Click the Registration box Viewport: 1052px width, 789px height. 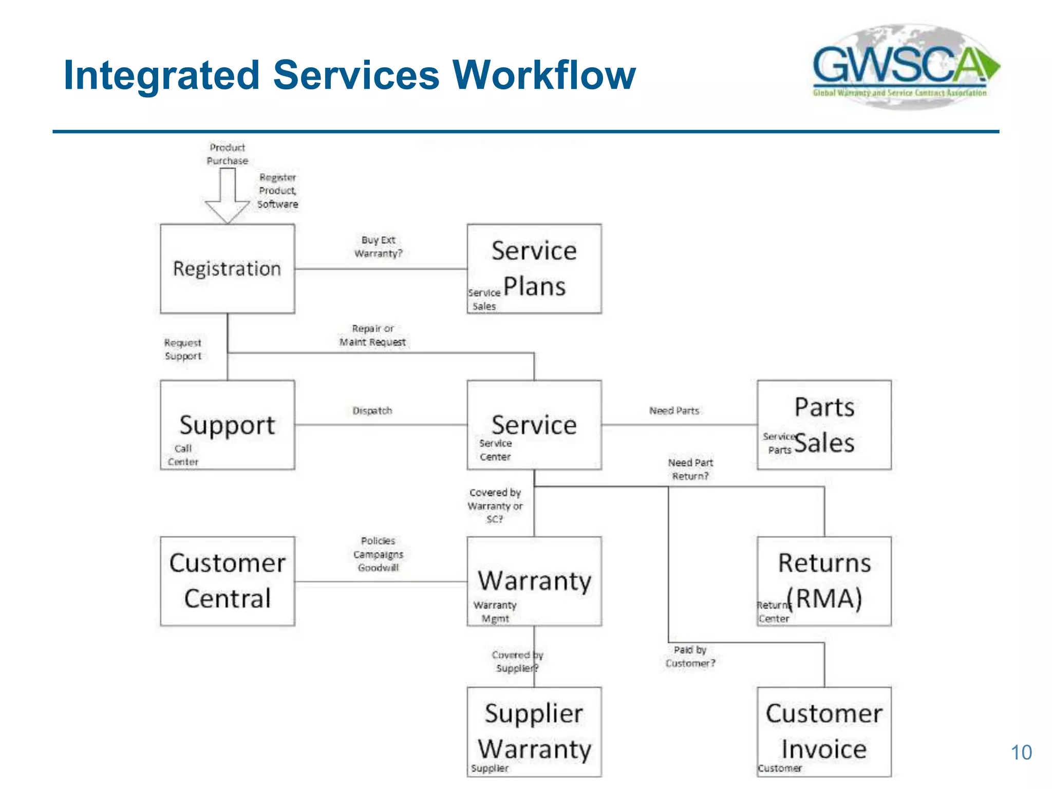pyautogui.click(x=227, y=269)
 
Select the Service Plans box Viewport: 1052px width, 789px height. pyautogui.click(x=534, y=269)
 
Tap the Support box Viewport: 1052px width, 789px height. pyautogui.click(x=227, y=425)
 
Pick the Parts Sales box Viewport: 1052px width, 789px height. pyautogui.click(x=824, y=425)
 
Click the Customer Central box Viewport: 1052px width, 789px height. pyautogui.click(x=227, y=581)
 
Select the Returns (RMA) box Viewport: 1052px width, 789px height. pyautogui.click(x=824, y=581)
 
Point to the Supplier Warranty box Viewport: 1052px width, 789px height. pyautogui.click(x=534, y=731)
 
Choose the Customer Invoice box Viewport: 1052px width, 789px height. pyautogui.click(x=824, y=731)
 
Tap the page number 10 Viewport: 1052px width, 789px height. pyautogui.click(x=1021, y=753)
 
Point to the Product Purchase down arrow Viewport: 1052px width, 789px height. pyautogui.click(x=228, y=195)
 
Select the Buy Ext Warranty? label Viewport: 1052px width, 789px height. pyautogui.click(x=379, y=247)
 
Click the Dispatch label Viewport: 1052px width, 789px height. pyautogui.click(x=372, y=410)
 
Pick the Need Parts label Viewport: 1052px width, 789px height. pyautogui.click(x=674, y=410)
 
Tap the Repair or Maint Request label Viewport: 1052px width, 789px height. pyautogui.click(x=372, y=335)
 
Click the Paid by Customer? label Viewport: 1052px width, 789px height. pyautogui.click(x=690, y=656)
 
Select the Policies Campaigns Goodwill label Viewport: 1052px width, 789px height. pyautogui.click(x=378, y=554)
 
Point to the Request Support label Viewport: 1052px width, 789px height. pyautogui.click(x=183, y=349)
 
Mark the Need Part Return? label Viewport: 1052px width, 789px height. pyautogui.click(x=690, y=469)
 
